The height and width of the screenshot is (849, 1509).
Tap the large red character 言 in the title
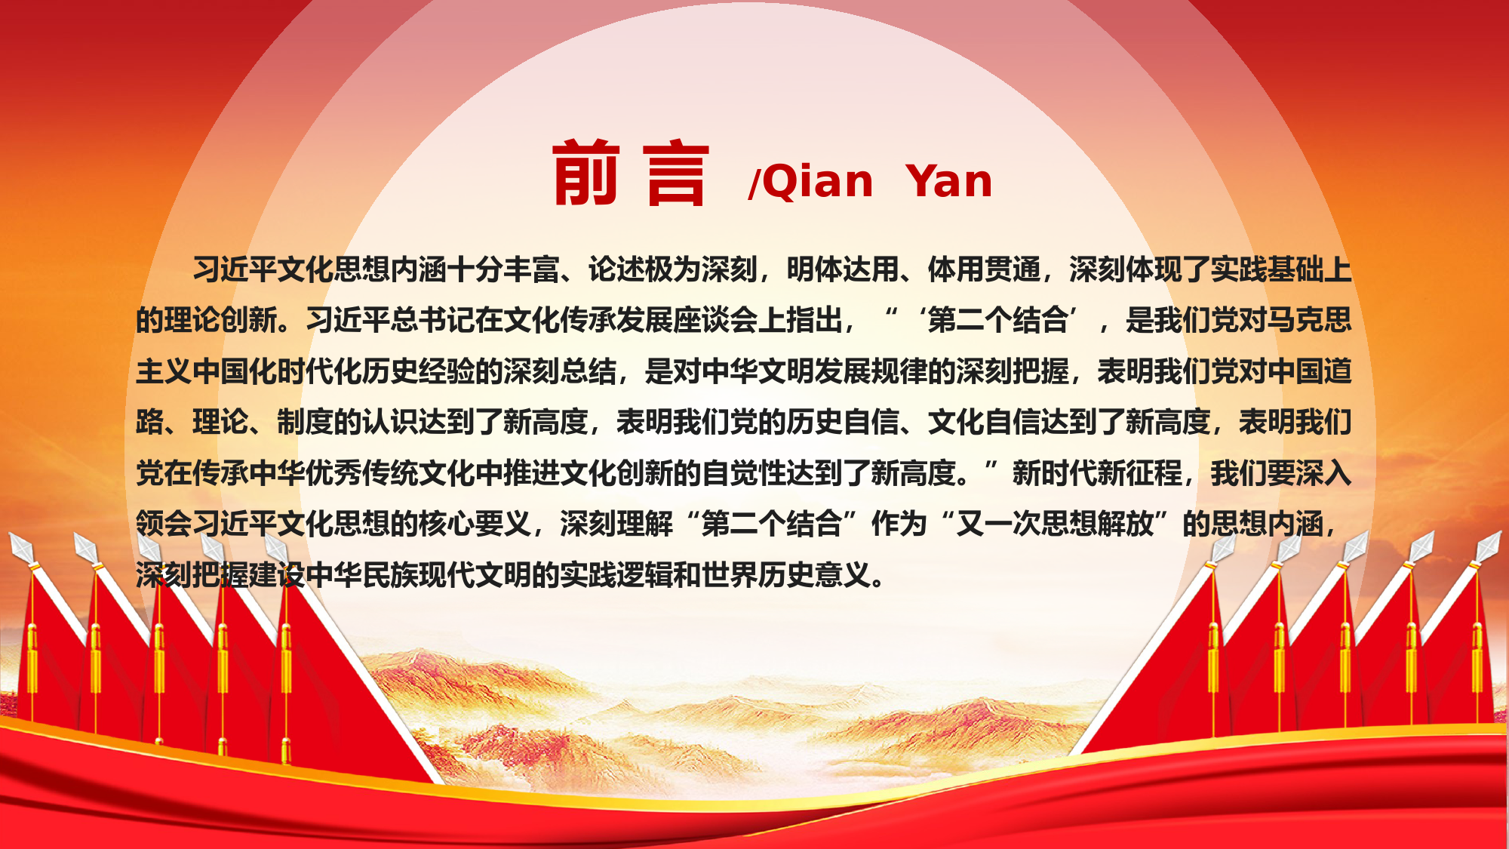point(677,173)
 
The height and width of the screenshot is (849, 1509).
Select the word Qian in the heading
point(817,183)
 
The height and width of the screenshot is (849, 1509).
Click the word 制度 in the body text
point(306,422)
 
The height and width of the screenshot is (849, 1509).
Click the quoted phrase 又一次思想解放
point(1056,524)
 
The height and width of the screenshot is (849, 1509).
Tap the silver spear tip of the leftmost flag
point(20,548)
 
